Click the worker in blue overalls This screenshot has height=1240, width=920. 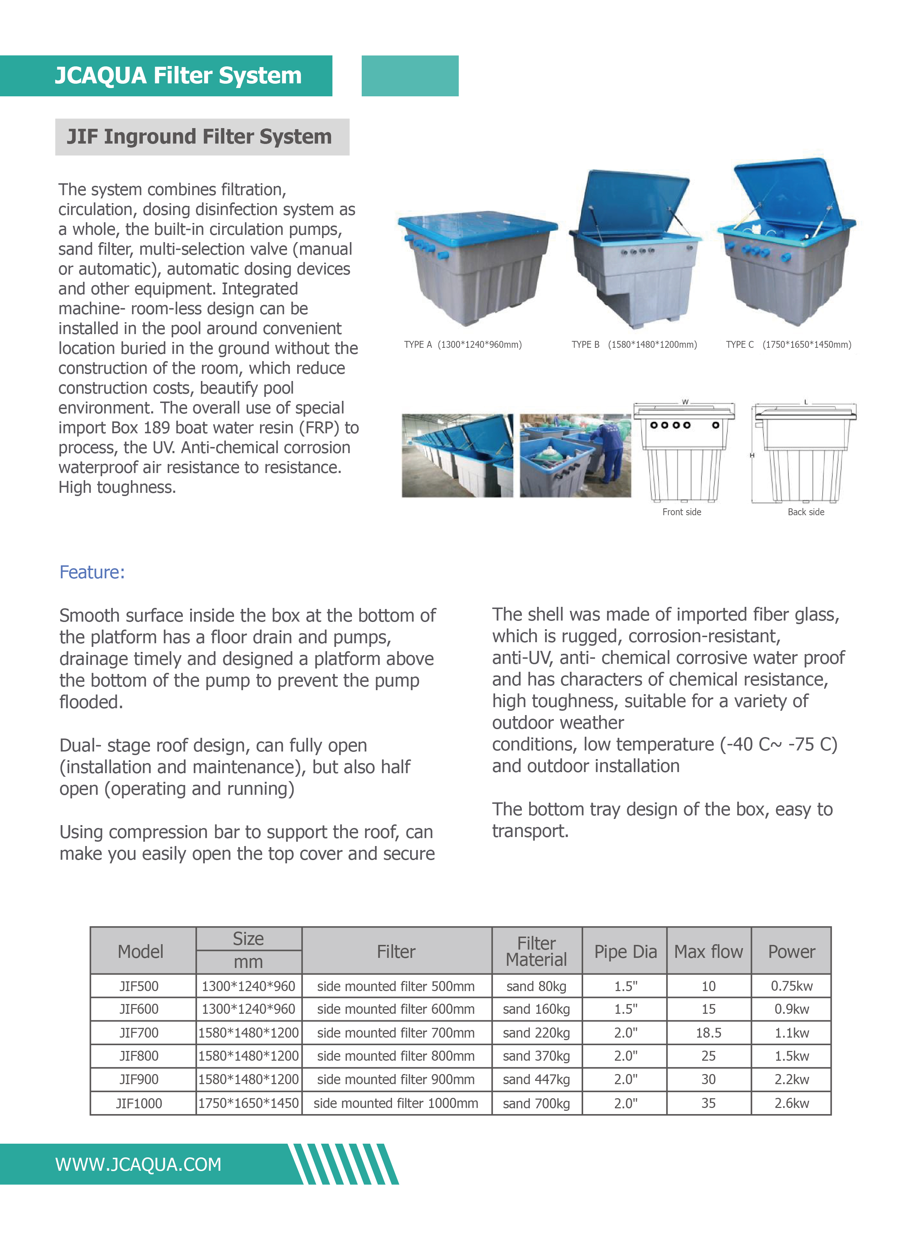click(x=610, y=451)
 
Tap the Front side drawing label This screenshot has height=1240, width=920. click(x=681, y=512)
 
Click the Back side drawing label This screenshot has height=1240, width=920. click(x=805, y=512)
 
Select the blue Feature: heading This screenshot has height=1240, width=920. click(x=92, y=572)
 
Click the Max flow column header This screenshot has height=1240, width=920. click(x=708, y=951)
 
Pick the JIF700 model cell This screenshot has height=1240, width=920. click(x=139, y=1033)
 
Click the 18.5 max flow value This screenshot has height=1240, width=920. click(x=708, y=1033)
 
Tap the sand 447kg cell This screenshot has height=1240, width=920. click(x=536, y=1079)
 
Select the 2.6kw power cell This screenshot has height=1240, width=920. click(x=791, y=1104)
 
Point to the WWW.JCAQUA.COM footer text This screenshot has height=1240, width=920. click(x=138, y=1164)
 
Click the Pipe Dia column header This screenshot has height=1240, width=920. click(x=625, y=951)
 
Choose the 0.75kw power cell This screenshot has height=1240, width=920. click(x=791, y=986)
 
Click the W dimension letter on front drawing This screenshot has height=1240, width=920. click(x=685, y=402)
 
